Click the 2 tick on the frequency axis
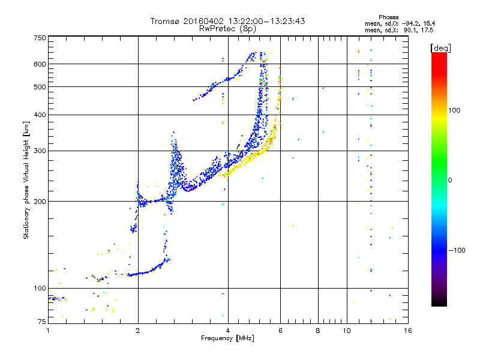(x=138, y=331)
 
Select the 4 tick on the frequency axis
(x=228, y=331)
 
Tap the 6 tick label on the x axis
(x=280, y=331)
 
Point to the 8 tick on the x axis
(x=318, y=331)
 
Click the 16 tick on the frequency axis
(x=407, y=331)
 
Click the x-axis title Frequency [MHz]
(x=227, y=338)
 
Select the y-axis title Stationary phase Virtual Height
(x=26, y=180)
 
